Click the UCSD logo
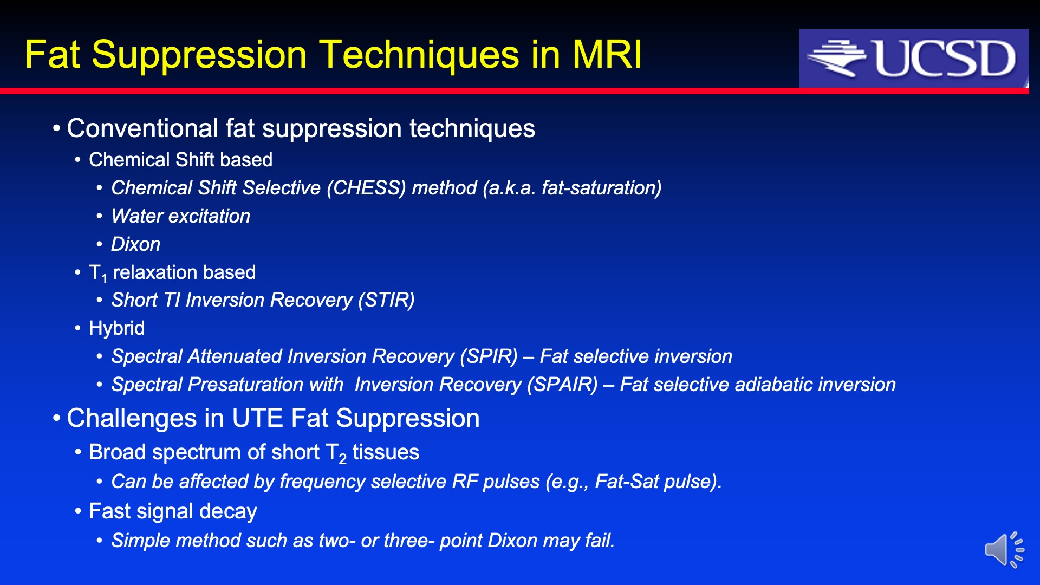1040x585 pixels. pos(914,58)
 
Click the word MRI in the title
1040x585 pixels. pos(607,55)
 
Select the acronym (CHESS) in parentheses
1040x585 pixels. pos(366,188)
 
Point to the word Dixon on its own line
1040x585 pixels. pos(135,244)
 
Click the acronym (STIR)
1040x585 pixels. pos(386,300)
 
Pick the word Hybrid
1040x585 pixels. pos(116,328)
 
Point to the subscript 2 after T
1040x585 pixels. pos(342,460)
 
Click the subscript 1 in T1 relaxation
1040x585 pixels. pos(104,279)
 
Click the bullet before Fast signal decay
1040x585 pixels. pos(78,511)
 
